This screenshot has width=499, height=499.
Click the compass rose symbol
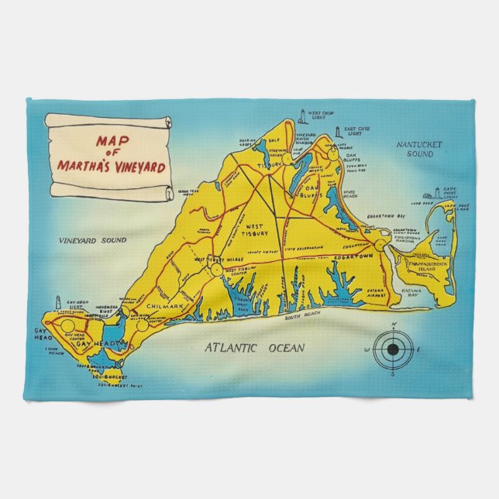pos(393,349)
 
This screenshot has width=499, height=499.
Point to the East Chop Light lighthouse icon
pos(338,133)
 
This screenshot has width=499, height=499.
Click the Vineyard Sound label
pos(93,241)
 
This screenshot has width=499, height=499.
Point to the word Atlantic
pos(231,348)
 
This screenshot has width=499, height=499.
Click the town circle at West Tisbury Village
pos(214,268)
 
